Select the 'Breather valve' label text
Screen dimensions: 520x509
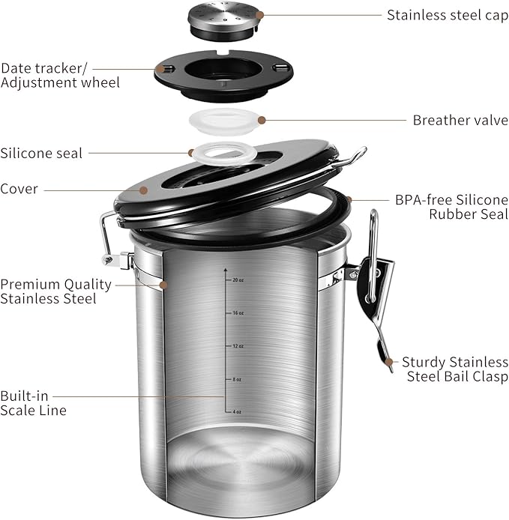click(460, 120)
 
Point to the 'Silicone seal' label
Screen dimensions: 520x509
click(42, 153)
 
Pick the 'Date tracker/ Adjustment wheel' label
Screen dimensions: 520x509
click(60, 74)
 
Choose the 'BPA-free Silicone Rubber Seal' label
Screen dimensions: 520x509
click(451, 207)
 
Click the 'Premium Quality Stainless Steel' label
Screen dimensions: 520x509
click(55, 291)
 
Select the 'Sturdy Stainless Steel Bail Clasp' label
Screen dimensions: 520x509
click(454, 368)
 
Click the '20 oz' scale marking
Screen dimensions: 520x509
click(238, 280)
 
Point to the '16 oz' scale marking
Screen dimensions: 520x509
click(238, 313)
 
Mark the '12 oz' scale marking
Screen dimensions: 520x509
click(238, 346)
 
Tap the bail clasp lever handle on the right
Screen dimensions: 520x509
click(379, 330)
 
